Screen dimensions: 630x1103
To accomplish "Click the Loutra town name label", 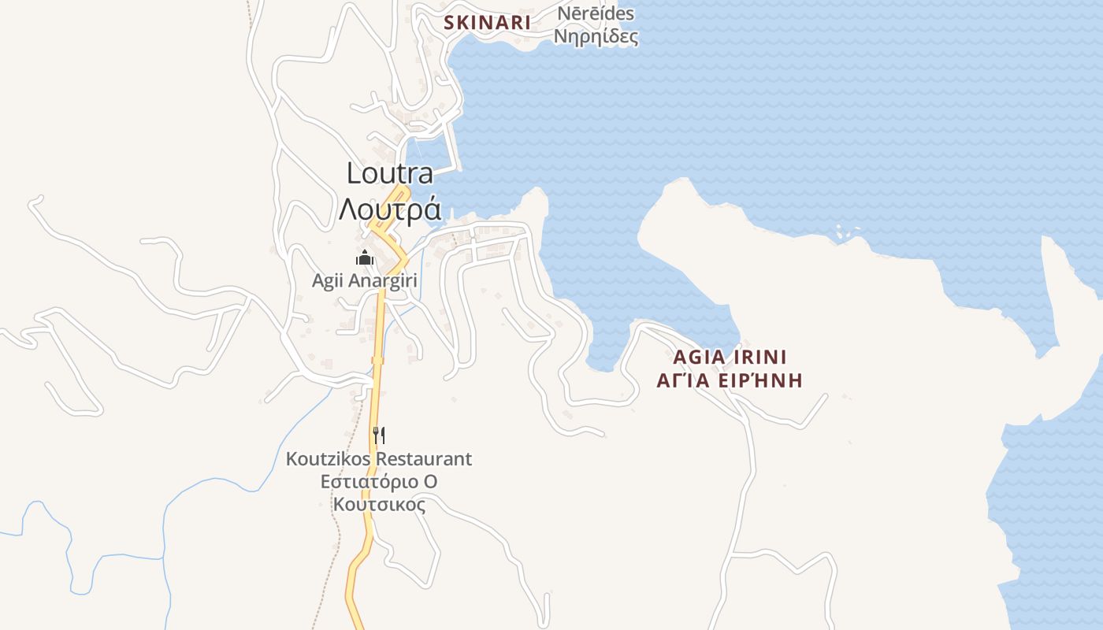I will click(x=390, y=173).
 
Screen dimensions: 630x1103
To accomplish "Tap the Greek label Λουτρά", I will click(x=389, y=209).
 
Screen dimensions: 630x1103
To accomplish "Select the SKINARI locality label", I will click(x=487, y=23).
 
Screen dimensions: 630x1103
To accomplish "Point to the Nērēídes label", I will click(x=596, y=14).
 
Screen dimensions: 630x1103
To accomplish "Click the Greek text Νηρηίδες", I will click(x=596, y=37).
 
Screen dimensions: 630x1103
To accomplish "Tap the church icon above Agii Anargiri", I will click(x=364, y=258).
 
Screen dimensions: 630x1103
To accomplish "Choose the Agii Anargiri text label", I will click(x=364, y=280).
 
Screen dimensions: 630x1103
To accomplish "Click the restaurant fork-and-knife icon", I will click(x=379, y=435).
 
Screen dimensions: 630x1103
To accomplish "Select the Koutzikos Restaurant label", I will click(x=379, y=458).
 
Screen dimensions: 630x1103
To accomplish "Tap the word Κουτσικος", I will click(x=379, y=504).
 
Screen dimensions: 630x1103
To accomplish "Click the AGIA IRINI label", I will click(x=730, y=357).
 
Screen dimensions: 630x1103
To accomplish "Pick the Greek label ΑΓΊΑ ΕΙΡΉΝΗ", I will click(x=730, y=381).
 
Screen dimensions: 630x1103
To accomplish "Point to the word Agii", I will click(x=326, y=280).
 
